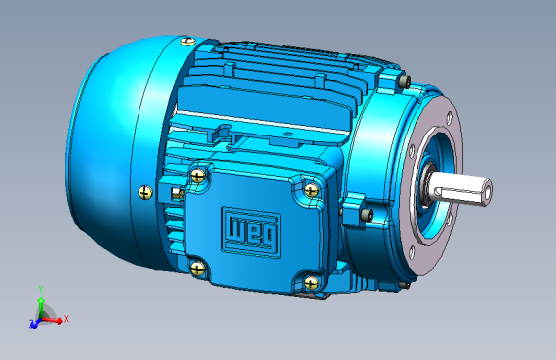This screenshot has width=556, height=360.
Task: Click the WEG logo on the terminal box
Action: click(250, 232)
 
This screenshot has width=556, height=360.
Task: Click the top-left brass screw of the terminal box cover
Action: click(198, 175)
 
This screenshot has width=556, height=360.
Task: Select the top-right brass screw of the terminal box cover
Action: click(311, 190)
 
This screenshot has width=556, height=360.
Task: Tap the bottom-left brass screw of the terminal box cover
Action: click(197, 268)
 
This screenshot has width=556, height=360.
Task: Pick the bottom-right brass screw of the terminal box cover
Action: click(311, 283)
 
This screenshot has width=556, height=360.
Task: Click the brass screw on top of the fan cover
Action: click(188, 42)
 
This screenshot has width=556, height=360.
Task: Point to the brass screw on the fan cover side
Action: click(145, 192)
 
